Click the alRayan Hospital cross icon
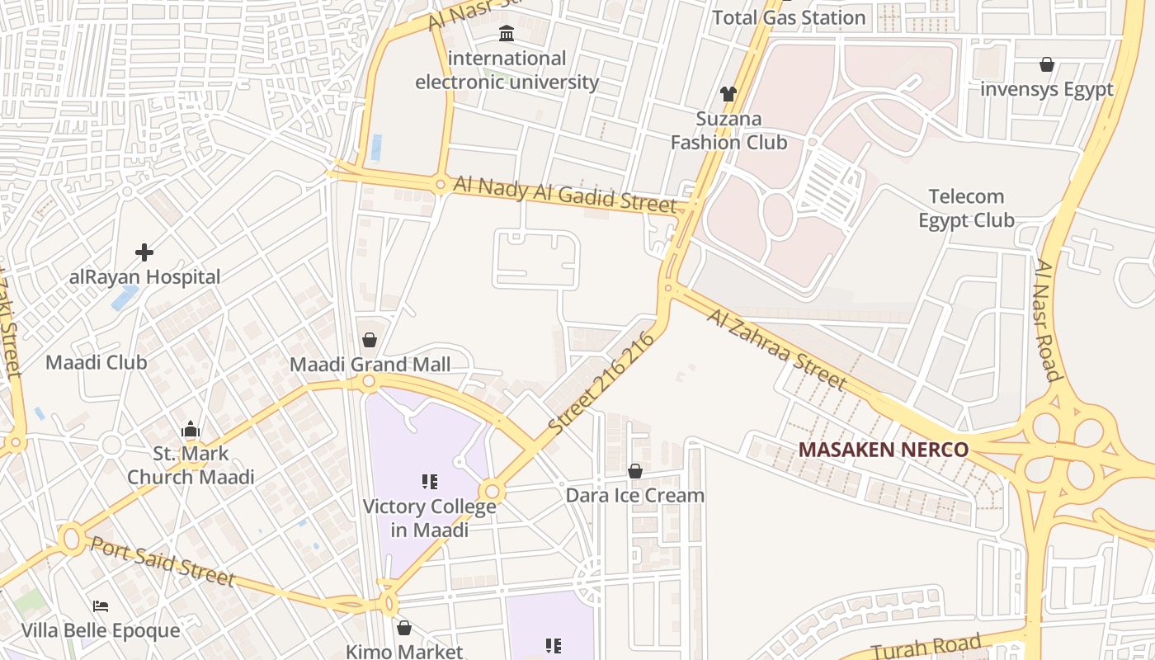coord(144,252)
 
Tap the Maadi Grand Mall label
coord(370,365)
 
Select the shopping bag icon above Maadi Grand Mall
coord(370,340)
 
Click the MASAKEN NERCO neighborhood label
coord(883,450)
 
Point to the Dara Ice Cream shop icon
coord(635,471)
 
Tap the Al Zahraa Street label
coord(776,349)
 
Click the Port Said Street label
coord(163,561)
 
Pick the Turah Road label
coord(926,646)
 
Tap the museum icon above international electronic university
coord(507,34)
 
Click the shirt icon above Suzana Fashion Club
coord(728,94)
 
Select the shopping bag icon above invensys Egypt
coord(1046,64)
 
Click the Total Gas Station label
coord(788,17)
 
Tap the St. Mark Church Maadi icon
coord(191,429)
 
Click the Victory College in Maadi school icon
coord(429,481)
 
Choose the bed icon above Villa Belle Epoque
coord(101,606)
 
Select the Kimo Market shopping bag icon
coord(404,628)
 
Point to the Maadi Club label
coord(96,362)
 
